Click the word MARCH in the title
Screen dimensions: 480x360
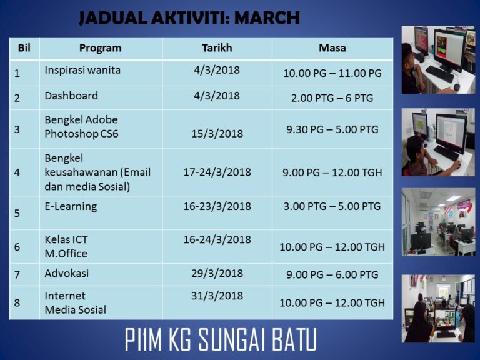click(x=267, y=17)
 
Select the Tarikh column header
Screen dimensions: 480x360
click(x=217, y=48)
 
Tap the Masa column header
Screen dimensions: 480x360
click(x=332, y=48)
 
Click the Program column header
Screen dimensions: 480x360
click(x=101, y=48)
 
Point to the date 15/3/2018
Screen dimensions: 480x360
click(x=217, y=134)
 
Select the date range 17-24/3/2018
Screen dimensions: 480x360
click(x=217, y=172)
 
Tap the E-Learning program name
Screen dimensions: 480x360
click(x=71, y=207)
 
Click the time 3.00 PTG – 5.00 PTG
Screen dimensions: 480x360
click(x=332, y=206)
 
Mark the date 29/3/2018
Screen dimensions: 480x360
click(x=217, y=273)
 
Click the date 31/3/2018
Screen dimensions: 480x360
click(x=217, y=296)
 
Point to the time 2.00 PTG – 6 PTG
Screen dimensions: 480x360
click(x=332, y=98)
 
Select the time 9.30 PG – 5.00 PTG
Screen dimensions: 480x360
click(x=332, y=129)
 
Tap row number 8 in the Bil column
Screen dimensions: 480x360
click(x=17, y=302)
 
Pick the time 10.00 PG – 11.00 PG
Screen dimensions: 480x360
click(x=332, y=73)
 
